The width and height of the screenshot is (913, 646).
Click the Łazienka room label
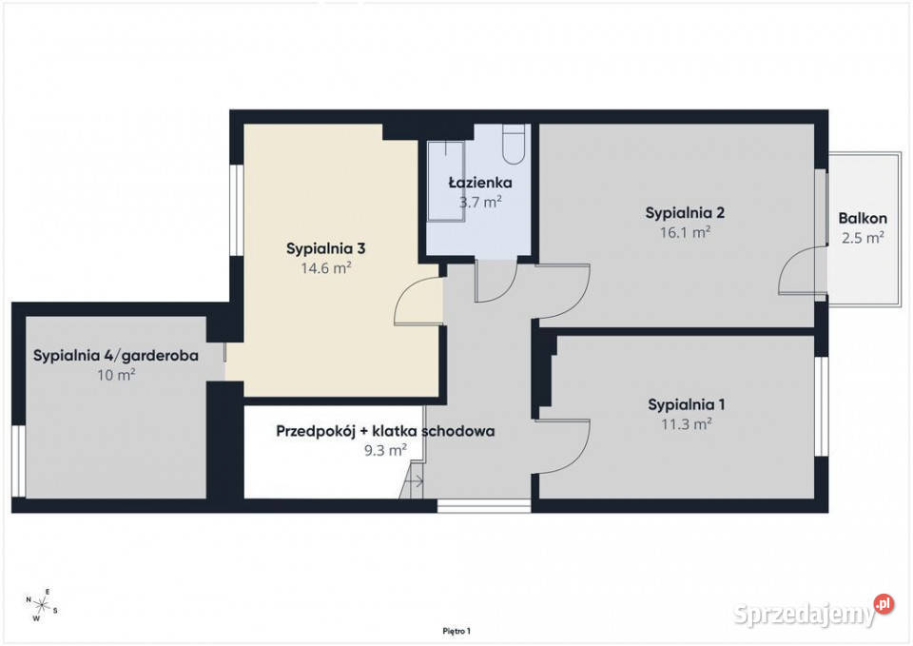pos(480,183)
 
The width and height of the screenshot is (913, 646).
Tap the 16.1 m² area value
pos(685,232)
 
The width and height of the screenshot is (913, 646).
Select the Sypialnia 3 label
pos(325,248)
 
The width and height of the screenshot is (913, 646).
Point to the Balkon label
pos(863,219)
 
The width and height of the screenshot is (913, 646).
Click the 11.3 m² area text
pos(686,424)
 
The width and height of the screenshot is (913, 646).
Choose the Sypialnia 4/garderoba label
pos(116,355)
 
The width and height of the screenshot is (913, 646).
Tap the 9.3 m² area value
pos(385,450)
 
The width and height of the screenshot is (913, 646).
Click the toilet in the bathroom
pos(514,144)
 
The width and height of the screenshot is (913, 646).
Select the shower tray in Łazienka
pos(447,181)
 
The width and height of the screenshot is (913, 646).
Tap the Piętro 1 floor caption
pos(456,631)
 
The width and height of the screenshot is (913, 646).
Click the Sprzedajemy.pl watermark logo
pos(813,612)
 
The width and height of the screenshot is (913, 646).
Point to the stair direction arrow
pos(416,481)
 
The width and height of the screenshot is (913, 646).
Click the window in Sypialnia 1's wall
pos(822,406)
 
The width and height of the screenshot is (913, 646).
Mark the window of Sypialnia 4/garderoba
pos(19,460)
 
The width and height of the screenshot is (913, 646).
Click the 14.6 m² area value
pos(325,268)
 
